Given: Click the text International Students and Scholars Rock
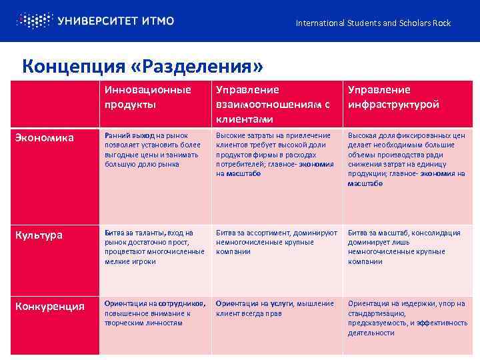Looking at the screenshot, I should click(x=373, y=23).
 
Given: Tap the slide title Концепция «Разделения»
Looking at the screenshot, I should click(x=143, y=66).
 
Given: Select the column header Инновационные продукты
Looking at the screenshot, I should click(x=147, y=97).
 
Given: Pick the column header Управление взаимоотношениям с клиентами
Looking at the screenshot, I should click(x=273, y=104).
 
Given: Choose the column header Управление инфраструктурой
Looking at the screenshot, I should click(x=393, y=97).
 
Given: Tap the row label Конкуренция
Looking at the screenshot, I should click(x=51, y=307).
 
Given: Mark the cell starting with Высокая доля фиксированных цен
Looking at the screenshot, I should click(x=406, y=159).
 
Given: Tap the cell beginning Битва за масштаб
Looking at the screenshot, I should click(x=404, y=247).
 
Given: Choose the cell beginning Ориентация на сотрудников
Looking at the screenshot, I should click(x=154, y=313).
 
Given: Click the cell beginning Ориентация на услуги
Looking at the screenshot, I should click(x=275, y=309).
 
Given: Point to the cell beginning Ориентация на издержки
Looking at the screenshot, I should click(x=407, y=318).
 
